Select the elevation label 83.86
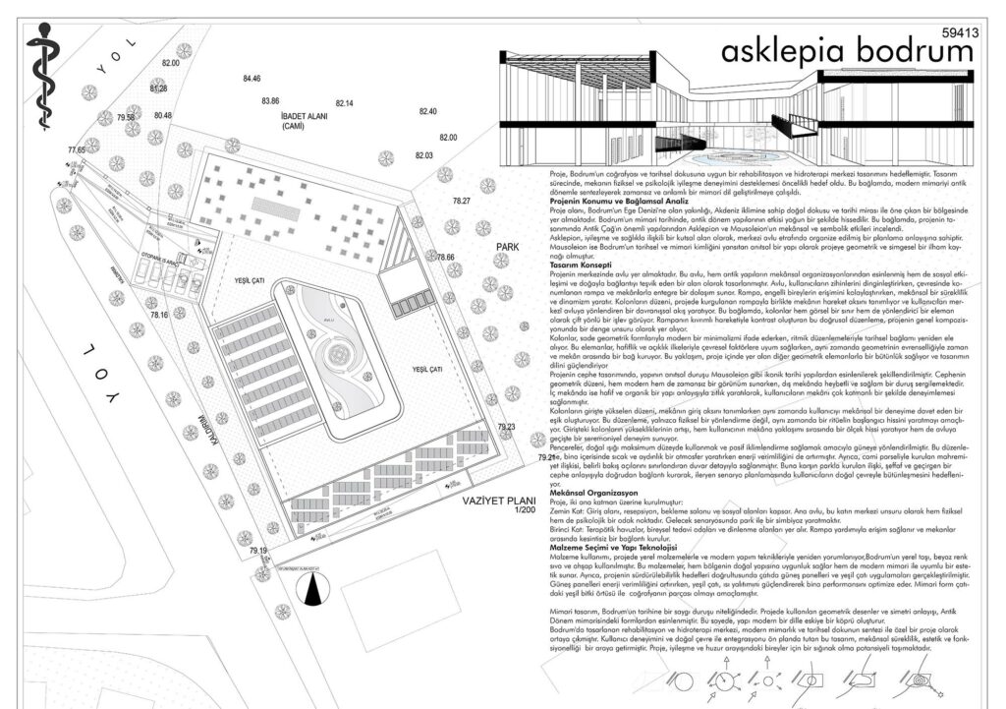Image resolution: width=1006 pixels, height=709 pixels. (271, 100)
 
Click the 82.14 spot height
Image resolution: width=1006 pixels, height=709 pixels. (344, 103)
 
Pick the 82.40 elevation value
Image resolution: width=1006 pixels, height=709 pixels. (427, 111)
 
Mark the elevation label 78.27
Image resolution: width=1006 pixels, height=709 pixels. (462, 201)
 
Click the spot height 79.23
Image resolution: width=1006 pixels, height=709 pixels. (507, 427)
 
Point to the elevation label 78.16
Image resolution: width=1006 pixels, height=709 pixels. (159, 315)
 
